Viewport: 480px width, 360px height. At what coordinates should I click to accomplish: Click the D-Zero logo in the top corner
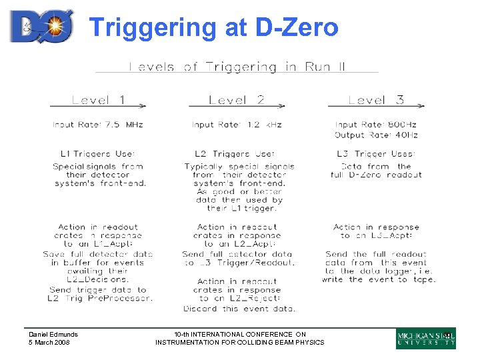(41, 27)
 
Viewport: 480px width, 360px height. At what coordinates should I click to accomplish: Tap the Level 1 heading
(98, 100)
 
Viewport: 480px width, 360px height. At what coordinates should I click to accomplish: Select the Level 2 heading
(236, 100)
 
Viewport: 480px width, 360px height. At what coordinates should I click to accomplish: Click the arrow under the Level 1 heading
(98, 107)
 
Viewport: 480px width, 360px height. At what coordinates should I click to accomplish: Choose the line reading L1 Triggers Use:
(97, 154)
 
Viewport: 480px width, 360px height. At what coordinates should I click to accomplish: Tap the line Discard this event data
(239, 308)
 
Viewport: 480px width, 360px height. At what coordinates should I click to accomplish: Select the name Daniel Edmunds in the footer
(53, 334)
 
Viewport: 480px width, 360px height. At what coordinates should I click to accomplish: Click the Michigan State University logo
(425, 339)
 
